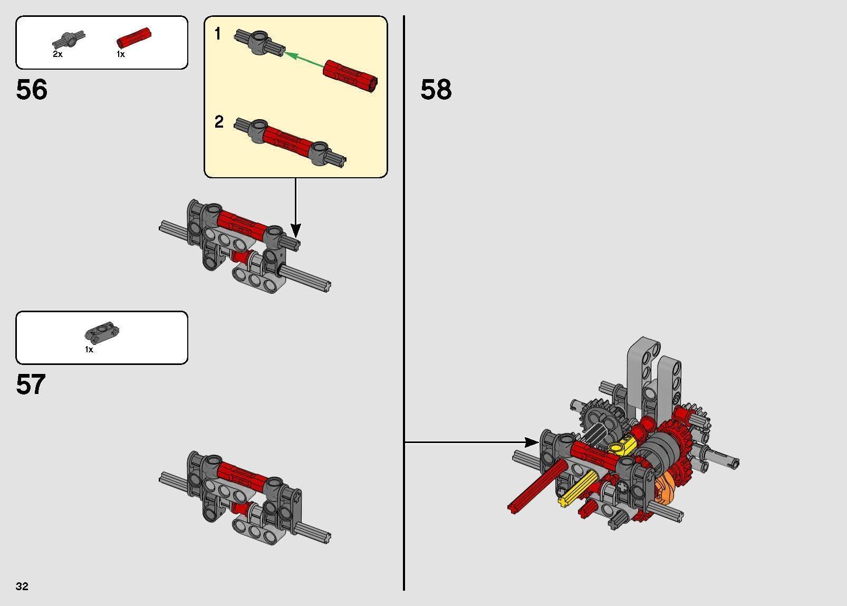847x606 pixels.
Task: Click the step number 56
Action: pyautogui.click(x=32, y=90)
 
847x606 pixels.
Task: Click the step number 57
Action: pyautogui.click(x=31, y=385)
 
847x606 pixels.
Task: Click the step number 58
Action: pyautogui.click(x=436, y=90)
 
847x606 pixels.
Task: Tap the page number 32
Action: pyautogui.click(x=22, y=586)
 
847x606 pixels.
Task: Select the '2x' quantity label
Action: pyautogui.click(x=57, y=54)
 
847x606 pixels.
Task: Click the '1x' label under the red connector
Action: pyautogui.click(x=121, y=54)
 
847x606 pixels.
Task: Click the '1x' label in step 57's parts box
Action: pyautogui.click(x=89, y=350)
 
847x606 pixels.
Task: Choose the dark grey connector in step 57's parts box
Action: pyautogui.click(x=102, y=332)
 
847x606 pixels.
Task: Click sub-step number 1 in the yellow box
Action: pyautogui.click(x=218, y=34)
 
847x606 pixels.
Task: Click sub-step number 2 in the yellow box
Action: pyautogui.click(x=219, y=122)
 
